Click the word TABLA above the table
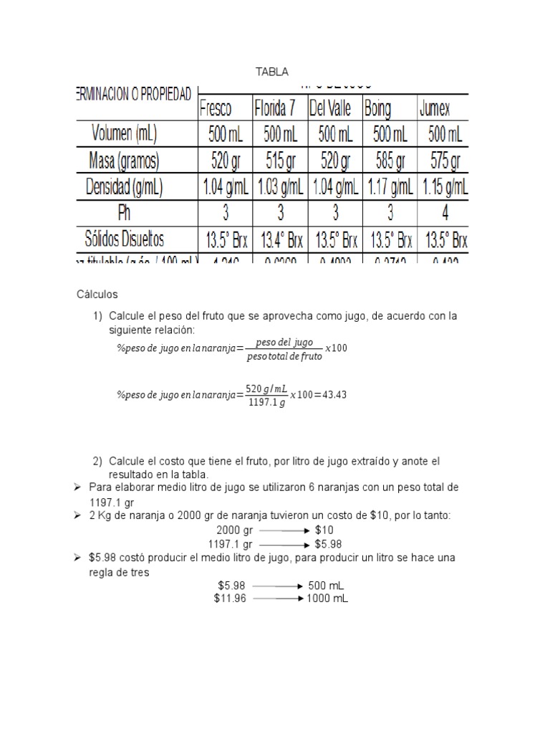272,72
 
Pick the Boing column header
378,109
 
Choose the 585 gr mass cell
389,161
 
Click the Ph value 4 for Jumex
444,213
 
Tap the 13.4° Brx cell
279,239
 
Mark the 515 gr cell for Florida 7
279,161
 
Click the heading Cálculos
97,295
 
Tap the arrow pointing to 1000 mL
277,598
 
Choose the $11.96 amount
230,598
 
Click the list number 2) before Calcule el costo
99,460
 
